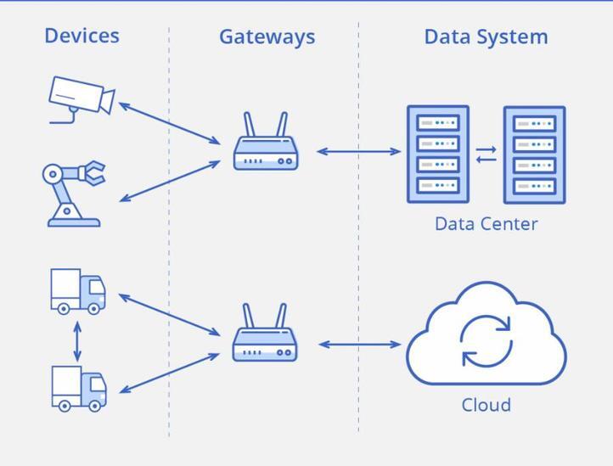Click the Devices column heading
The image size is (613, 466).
(82, 36)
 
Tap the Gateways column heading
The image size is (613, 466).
(267, 36)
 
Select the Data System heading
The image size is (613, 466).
(486, 36)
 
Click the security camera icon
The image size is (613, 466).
(81, 98)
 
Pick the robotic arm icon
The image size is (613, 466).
(73, 194)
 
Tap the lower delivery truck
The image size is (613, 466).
(79, 388)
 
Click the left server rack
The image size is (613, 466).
(438, 154)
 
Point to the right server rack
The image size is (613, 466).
(534, 155)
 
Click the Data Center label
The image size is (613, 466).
(486, 224)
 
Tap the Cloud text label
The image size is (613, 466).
(486, 404)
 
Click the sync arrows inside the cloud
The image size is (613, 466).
(486, 340)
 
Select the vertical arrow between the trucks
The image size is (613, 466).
(78, 340)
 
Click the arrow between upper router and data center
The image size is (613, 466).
(358, 152)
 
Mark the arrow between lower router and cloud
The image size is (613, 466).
(359, 345)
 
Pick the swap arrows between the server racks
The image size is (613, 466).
(486, 154)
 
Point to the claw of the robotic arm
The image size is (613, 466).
(94, 173)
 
